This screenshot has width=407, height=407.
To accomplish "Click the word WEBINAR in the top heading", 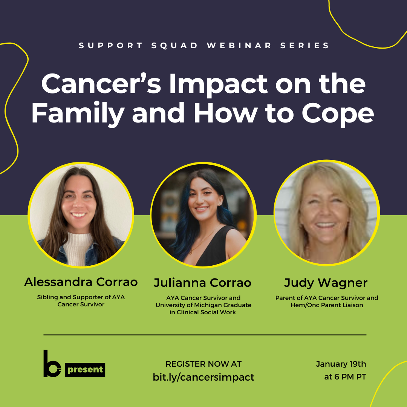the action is click(x=239, y=46).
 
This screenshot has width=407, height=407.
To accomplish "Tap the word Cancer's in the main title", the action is click(x=101, y=84).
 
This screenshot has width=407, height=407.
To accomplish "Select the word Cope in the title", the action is click(x=338, y=114).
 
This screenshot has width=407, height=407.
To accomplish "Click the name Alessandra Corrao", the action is click(x=81, y=282).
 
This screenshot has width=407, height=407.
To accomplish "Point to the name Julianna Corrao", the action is click(x=202, y=283).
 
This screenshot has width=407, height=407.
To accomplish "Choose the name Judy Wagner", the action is click(x=326, y=283).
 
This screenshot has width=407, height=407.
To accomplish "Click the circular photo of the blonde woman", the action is click(x=326, y=213).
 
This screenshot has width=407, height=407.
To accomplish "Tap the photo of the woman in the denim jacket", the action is click(x=81, y=215).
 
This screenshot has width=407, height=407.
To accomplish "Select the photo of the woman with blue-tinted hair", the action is click(x=203, y=215).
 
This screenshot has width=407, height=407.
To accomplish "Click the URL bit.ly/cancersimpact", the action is click(x=203, y=377).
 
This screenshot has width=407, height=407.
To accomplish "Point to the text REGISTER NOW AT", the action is click(x=203, y=364).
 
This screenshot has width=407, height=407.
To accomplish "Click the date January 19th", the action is click(x=341, y=364).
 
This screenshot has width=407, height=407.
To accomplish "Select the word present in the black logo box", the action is click(x=85, y=370).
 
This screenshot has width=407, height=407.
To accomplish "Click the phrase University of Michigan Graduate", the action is click(x=203, y=305).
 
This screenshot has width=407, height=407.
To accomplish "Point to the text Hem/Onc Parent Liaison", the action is click(x=327, y=305).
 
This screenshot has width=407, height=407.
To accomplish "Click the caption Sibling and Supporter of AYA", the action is click(x=81, y=297).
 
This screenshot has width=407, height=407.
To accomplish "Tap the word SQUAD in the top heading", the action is click(x=175, y=46).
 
